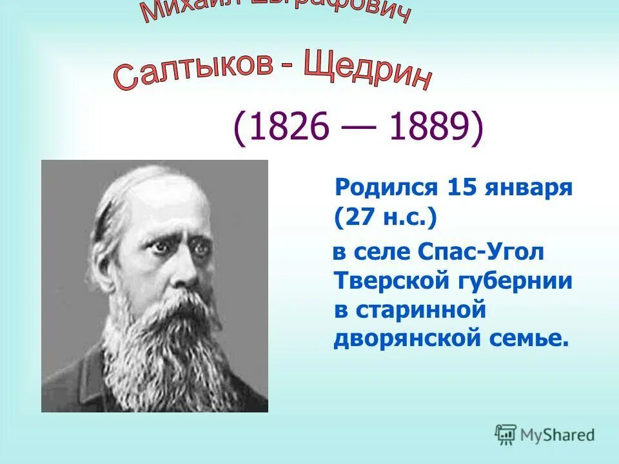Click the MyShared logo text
coord(558,435)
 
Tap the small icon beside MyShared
coord(506,434)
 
